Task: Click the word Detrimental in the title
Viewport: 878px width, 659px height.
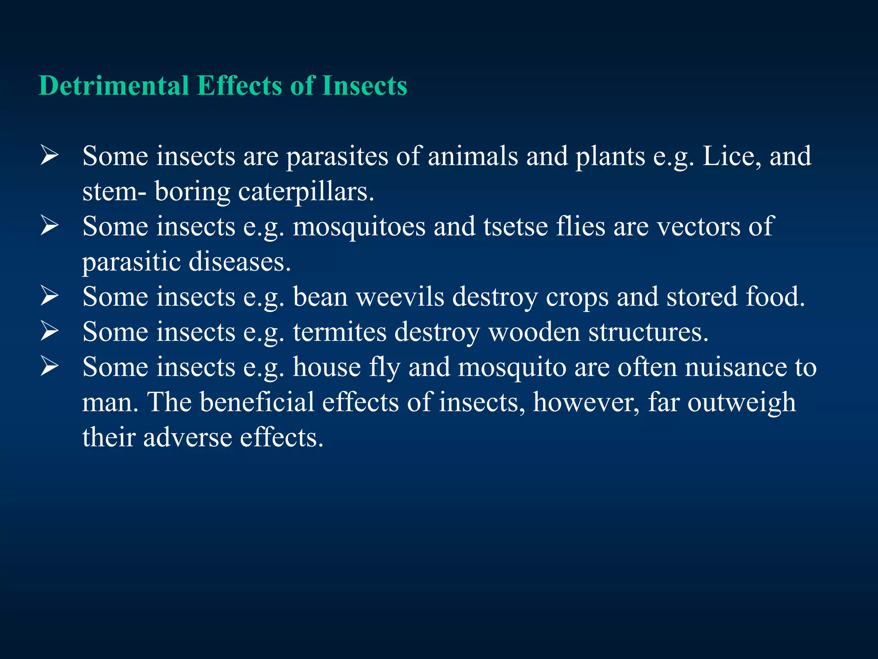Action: tap(114, 85)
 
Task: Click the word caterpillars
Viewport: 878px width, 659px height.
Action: tap(306, 191)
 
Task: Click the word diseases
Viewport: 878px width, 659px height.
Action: tap(240, 262)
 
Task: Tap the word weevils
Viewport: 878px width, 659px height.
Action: tap(400, 297)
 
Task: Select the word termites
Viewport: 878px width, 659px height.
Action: tap(340, 332)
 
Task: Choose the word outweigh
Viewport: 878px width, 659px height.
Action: tap(742, 402)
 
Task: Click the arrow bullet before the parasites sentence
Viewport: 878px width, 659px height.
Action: tap(49, 156)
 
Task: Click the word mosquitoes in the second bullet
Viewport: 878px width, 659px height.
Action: tap(359, 227)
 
